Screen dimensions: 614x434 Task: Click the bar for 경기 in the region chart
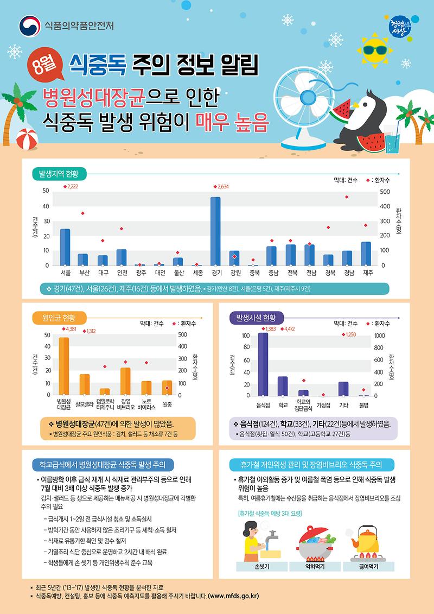coord(215,231)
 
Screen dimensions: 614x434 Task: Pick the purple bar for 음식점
coord(263,364)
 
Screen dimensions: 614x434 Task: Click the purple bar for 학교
coord(283,386)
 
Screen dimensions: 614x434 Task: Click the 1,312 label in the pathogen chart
coord(89,331)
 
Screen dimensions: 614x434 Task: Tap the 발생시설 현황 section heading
coord(256,317)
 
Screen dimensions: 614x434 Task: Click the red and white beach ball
coord(25,140)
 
